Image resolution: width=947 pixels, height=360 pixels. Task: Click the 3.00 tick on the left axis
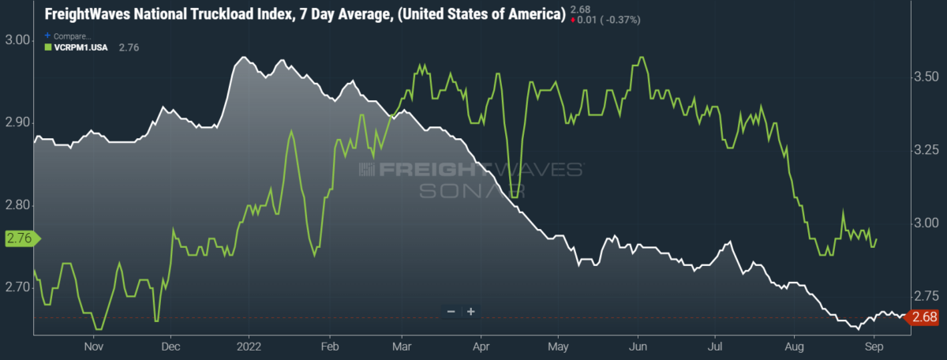pyautogui.click(x=18, y=40)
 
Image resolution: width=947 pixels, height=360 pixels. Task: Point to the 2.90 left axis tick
pyautogui.click(x=18, y=123)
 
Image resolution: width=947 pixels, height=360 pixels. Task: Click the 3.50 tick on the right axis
pyautogui.click(x=925, y=77)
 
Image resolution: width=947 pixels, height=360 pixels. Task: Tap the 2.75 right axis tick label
pyautogui.click(x=925, y=296)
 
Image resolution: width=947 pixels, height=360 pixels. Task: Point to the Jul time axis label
pyautogui.click(x=717, y=346)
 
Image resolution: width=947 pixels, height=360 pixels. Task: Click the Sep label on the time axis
pyautogui.click(x=873, y=346)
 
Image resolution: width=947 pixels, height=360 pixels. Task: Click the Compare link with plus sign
pyautogui.click(x=69, y=36)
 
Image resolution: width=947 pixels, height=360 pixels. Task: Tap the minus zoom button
pyautogui.click(x=451, y=312)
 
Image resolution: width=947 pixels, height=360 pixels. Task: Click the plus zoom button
pyautogui.click(x=470, y=312)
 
